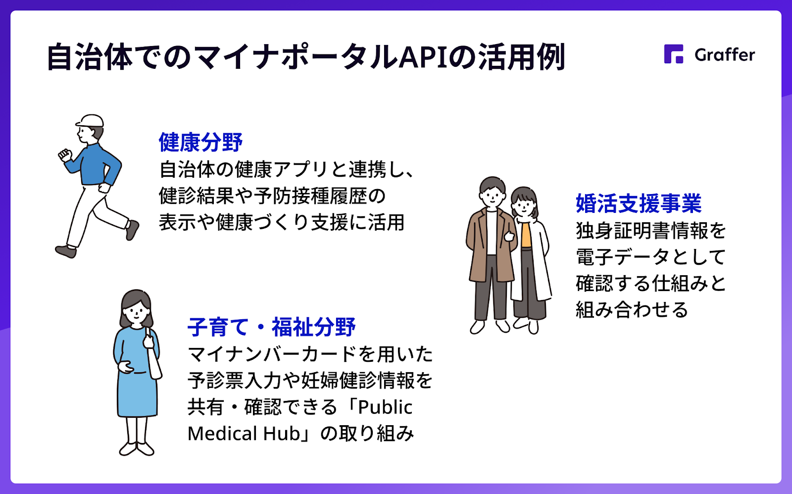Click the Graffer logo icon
[x=674, y=54]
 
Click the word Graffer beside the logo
[x=725, y=55]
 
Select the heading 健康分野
[x=200, y=142]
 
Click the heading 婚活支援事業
[x=639, y=203]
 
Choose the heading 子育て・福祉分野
[x=271, y=327]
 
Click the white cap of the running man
[x=90, y=121]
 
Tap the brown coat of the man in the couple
[x=491, y=245]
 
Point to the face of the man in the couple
[x=492, y=197]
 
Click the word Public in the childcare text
[x=385, y=407]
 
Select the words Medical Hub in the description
[x=244, y=433]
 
